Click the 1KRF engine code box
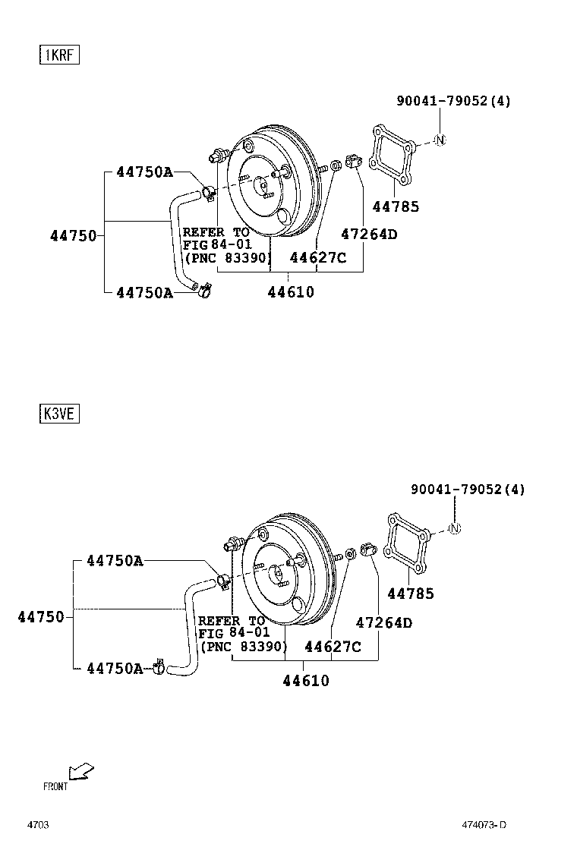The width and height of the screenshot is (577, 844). click(60, 55)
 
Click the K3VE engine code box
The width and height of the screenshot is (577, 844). click(60, 414)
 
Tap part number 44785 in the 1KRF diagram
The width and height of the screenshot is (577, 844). click(396, 206)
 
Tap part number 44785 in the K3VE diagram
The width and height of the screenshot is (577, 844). click(411, 594)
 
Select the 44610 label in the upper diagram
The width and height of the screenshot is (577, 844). click(290, 292)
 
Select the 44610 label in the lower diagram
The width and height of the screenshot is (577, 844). click(306, 681)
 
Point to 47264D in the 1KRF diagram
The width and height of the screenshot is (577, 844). click(369, 235)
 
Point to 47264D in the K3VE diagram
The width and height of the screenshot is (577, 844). click(384, 623)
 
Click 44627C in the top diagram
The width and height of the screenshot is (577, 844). click(318, 257)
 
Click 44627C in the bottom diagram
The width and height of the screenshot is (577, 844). click(333, 647)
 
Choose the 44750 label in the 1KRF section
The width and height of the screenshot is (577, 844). click(74, 235)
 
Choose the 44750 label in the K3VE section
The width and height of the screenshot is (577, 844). click(41, 617)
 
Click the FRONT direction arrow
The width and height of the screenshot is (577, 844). click(80, 771)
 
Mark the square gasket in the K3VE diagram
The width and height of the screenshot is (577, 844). click(408, 541)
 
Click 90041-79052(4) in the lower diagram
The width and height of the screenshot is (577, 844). click(468, 490)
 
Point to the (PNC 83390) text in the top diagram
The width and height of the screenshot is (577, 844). click(226, 258)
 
